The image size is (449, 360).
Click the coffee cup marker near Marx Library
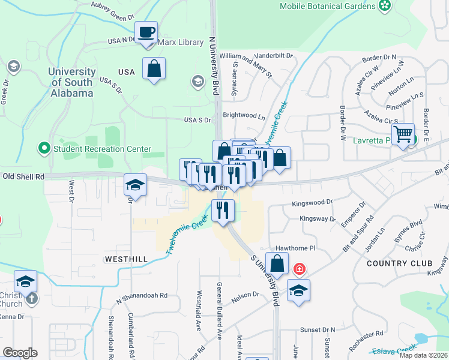tap(146, 32)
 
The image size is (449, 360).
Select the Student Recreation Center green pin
tap(44, 148)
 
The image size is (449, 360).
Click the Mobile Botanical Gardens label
tap(328, 7)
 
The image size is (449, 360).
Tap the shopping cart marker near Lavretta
tap(403, 133)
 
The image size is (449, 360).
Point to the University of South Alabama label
tap(71, 83)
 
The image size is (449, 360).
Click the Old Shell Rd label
tap(24, 176)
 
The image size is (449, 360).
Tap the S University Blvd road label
tap(265, 276)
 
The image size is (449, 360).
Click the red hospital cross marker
tap(299, 269)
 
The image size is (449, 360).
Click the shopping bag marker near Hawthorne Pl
tap(277, 263)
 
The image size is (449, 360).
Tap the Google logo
tap(20, 353)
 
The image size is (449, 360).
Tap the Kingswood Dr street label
tap(312, 203)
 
